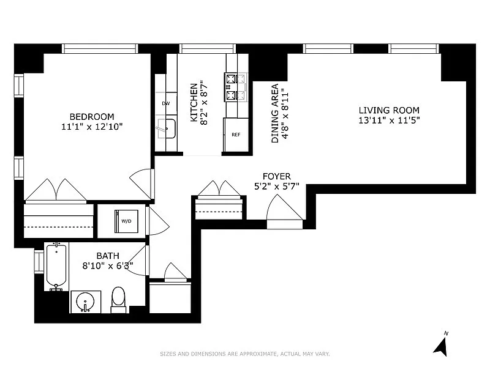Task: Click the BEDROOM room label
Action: tap(91, 117)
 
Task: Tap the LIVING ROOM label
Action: tap(389, 110)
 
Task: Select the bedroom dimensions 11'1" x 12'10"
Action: tap(92, 127)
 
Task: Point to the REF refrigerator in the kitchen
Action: tap(236, 135)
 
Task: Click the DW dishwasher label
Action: tap(166, 103)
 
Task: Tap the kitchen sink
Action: tap(167, 128)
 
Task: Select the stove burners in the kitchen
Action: tap(236, 87)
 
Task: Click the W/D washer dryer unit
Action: tap(126, 221)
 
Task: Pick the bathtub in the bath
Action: tap(56, 266)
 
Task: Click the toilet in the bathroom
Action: tap(118, 300)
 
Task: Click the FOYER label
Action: tap(277, 176)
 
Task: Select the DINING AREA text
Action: tap(275, 113)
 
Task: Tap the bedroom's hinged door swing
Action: tap(141, 183)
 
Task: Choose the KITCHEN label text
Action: tap(194, 102)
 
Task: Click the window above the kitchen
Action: tap(208, 48)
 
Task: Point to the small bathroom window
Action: tap(39, 262)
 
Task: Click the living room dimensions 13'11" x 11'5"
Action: tap(389, 120)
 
